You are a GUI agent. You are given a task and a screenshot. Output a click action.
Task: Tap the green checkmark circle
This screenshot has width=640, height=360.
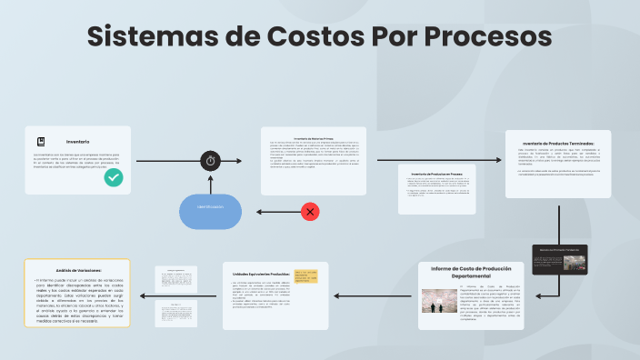(114, 178)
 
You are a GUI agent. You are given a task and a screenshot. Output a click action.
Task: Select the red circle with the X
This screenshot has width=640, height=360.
(310, 212)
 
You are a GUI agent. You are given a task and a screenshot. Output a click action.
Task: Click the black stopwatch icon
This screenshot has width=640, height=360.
(211, 161)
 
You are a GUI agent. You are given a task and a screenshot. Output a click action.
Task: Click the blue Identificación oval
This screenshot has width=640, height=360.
(211, 211)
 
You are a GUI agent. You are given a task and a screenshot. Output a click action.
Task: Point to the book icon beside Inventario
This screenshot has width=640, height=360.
(41, 142)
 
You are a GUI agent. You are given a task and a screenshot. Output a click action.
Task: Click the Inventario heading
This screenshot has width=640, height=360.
(77, 142)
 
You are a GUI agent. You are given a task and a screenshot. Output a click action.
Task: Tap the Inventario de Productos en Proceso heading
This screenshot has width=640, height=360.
(436, 173)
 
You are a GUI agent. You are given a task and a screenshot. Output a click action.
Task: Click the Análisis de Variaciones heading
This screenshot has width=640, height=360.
(76, 270)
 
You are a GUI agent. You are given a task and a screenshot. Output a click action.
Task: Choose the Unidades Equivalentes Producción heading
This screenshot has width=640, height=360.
(261, 274)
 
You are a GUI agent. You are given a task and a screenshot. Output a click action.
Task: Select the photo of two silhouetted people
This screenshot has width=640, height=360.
(438, 305)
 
